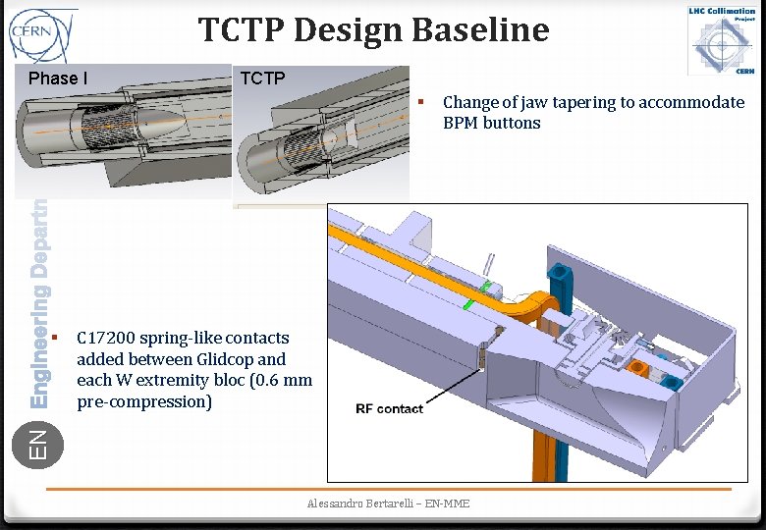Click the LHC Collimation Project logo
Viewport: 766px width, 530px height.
[x=721, y=39]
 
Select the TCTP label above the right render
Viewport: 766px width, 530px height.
[x=262, y=79]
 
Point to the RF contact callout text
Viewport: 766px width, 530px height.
[x=389, y=408]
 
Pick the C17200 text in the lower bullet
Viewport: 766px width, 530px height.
[x=105, y=338]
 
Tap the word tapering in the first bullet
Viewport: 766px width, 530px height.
[x=560, y=102]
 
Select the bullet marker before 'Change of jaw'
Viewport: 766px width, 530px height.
[x=420, y=102]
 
